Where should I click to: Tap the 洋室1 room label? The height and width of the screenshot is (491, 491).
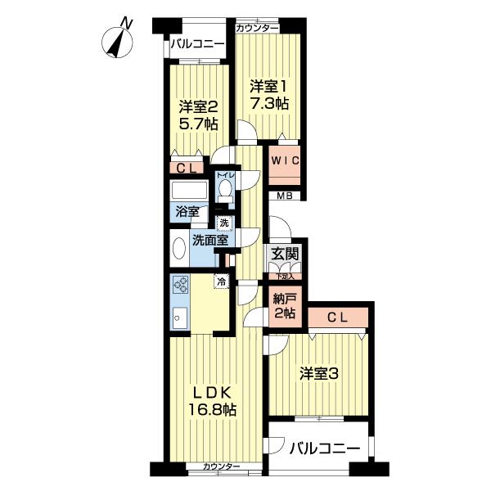tap(269, 85)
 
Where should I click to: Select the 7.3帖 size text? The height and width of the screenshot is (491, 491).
tap(269, 104)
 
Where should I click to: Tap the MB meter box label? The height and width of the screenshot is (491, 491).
tap(284, 196)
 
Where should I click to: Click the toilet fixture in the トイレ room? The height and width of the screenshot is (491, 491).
tap(224, 188)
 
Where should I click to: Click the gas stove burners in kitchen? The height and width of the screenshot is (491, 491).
tap(180, 287)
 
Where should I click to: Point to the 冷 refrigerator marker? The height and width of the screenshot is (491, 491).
tap(221, 282)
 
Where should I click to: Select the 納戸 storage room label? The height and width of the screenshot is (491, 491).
tap(284, 300)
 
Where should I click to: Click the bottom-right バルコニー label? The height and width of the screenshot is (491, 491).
tap(326, 449)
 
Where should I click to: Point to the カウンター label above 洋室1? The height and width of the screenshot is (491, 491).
tap(257, 29)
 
